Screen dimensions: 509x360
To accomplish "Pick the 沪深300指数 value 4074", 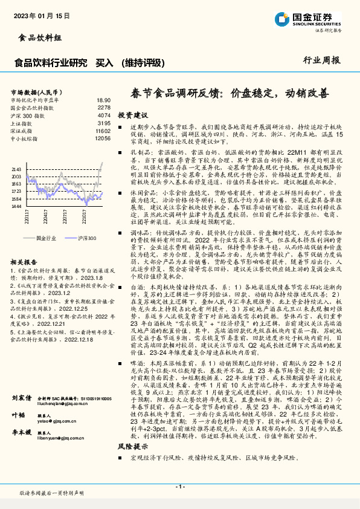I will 104,115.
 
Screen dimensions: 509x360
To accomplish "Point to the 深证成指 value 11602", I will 103,131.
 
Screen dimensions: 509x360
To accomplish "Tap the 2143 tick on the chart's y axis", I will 16,169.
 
